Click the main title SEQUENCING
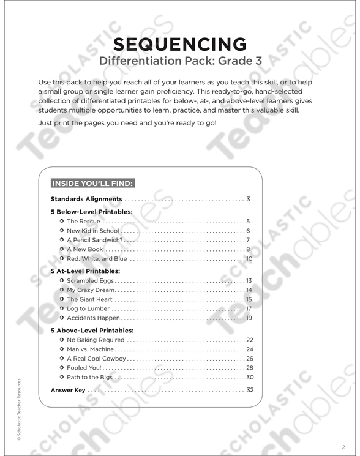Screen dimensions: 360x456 pyautogui.click(x=180, y=44)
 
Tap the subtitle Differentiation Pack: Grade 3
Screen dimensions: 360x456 pyautogui.click(x=180, y=62)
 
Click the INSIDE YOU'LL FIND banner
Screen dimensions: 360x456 pyautogui.click(x=92, y=182)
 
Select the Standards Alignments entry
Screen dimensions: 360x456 pyautogui.click(x=86, y=200)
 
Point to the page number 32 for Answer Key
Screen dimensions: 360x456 pyautogui.click(x=249, y=390)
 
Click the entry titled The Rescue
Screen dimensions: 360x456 pyautogui.click(x=83, y=221)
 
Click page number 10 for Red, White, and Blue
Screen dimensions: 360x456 pyautogui.click(x=249, y=260)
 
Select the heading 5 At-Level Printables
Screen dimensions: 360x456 pyautogui.click(x=85, y=271)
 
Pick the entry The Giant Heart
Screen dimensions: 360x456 pyautogui.click(x=89, y=299)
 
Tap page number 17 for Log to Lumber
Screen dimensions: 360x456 pyautogui.click(x=249, y=309)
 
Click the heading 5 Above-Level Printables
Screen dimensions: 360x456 pyautogui.click(x=92, y=330)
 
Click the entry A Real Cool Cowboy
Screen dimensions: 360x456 pyautogui.click(x=96, y=359)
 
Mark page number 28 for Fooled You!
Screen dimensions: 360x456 pyautogui.click(x=249, y=368)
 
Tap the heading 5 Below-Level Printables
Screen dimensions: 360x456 pyautogui.click(x=91, y=211)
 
